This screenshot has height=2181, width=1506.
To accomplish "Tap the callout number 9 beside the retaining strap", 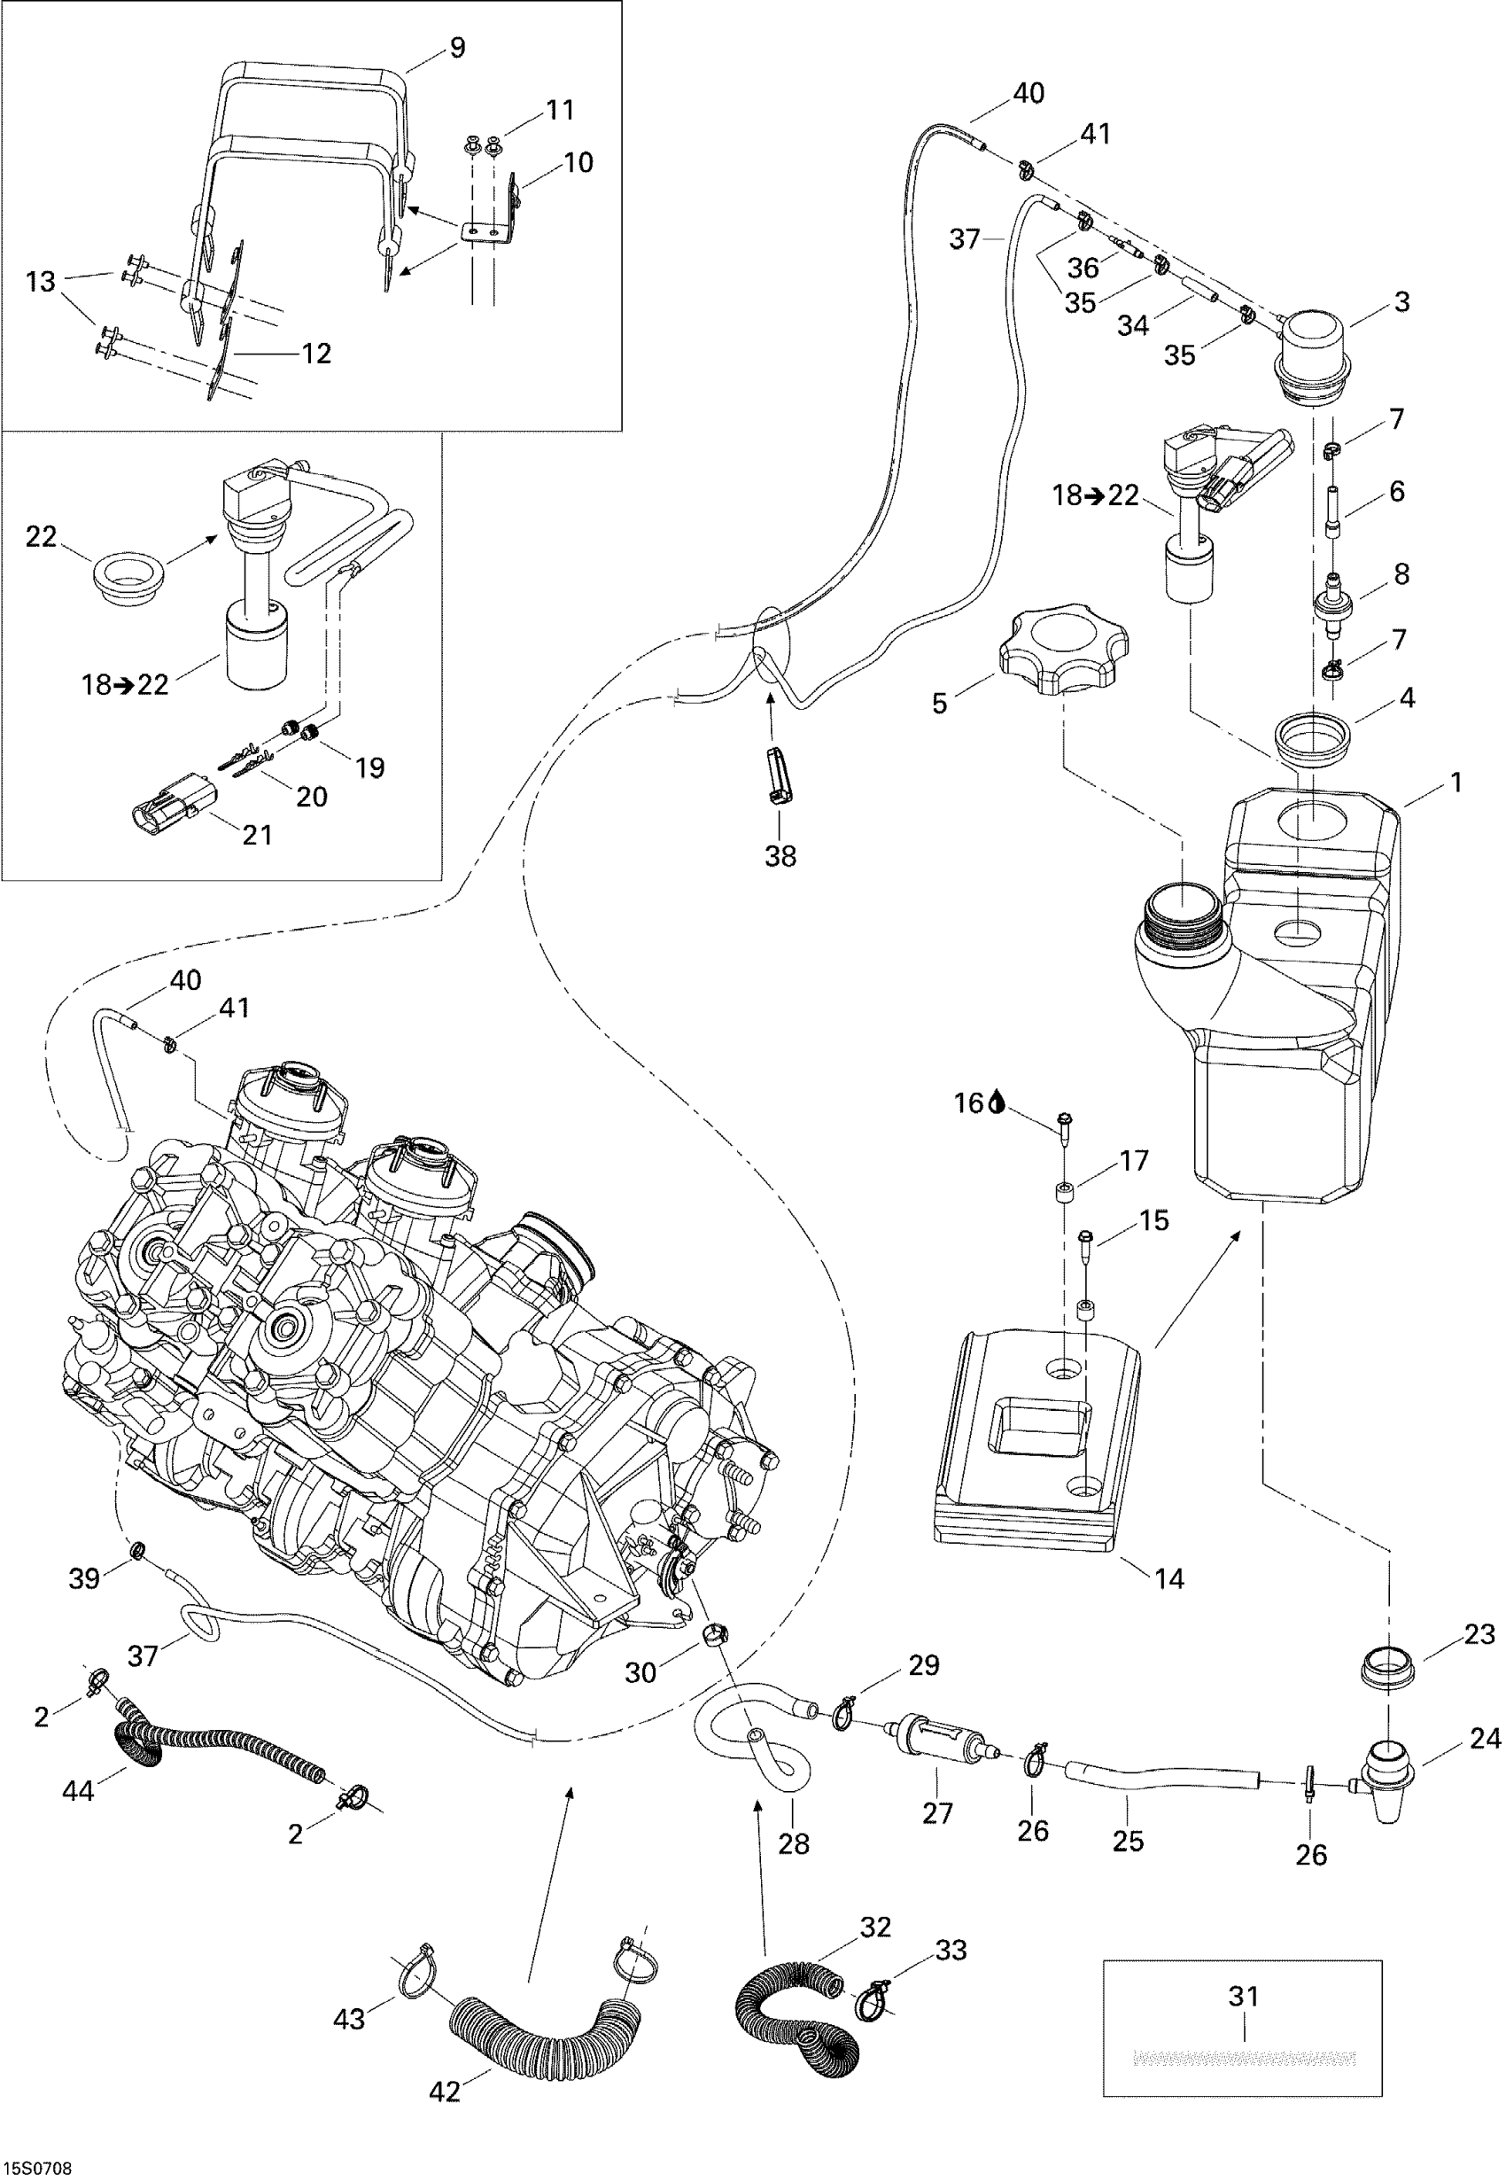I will pyautogui.click(x=457, y=47).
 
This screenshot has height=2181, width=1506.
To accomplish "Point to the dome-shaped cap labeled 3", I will pyautogui.click(x=1315, y=351).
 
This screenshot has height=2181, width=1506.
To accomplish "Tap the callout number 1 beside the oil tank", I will pyautogui.click(x=1456, y=782).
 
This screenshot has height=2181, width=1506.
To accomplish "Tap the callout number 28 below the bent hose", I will pyautogui.click(x=794, y=1843).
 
